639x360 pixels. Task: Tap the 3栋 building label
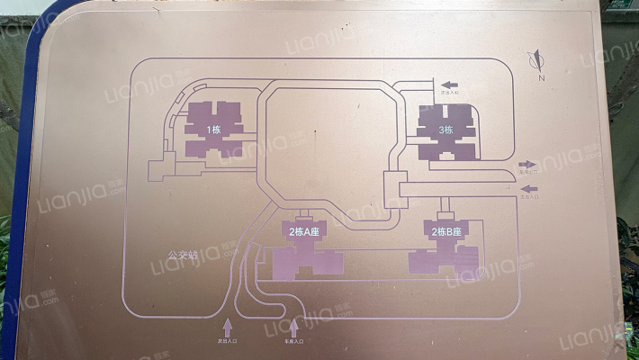pos(445,130)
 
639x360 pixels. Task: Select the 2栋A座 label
pos(305,232)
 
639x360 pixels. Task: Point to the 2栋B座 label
pos(446,232)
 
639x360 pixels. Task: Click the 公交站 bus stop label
pos(182,253)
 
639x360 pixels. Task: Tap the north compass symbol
pos(537,61)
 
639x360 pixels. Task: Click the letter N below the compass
pos(542,79)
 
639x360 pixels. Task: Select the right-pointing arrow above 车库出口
pos(529,162)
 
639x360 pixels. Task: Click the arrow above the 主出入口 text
pos(529,189)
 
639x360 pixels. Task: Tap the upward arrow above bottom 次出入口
pos(227,326)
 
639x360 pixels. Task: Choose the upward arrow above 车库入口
pos(294,326)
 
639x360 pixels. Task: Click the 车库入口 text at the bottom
pos(294,342)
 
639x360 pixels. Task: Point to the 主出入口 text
pos(529,196)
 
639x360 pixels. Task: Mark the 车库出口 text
pos(529,171)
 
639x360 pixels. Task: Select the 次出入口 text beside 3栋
pos(449,91)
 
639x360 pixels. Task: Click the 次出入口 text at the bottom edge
pos(227,342)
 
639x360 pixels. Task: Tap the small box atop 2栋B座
pos(443,217)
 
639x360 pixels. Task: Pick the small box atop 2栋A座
pos(303,217)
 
